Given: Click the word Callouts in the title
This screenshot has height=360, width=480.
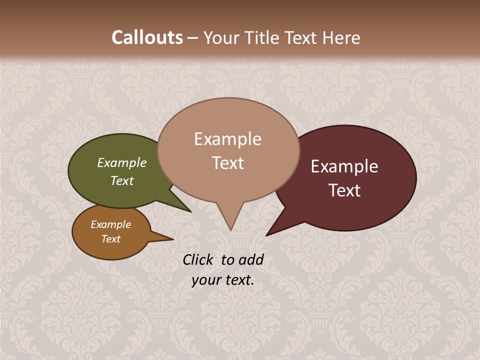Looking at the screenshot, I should tap(147, 37).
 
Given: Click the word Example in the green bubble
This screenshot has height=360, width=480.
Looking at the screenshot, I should tap(122, 162).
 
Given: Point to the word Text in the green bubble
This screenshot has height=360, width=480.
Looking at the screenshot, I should tap(122, 180).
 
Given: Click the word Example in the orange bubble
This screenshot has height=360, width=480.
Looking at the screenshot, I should tap(111, 224).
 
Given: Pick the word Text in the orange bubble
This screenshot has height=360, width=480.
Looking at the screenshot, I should tap(111, 239).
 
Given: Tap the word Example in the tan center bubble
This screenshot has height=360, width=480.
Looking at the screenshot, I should tap(227, 139).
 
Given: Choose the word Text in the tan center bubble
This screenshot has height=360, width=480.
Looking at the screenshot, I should tap(227, 163).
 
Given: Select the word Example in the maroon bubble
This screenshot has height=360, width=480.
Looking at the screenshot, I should tap(344, 166).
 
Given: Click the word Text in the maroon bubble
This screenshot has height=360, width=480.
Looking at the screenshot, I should tap(344, 190).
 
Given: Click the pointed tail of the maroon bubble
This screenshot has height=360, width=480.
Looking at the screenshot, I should tap(268, 234).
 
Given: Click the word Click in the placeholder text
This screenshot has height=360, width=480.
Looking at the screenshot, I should tap(199, 259).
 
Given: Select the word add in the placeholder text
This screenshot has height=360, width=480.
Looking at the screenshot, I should tap(251, 259).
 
